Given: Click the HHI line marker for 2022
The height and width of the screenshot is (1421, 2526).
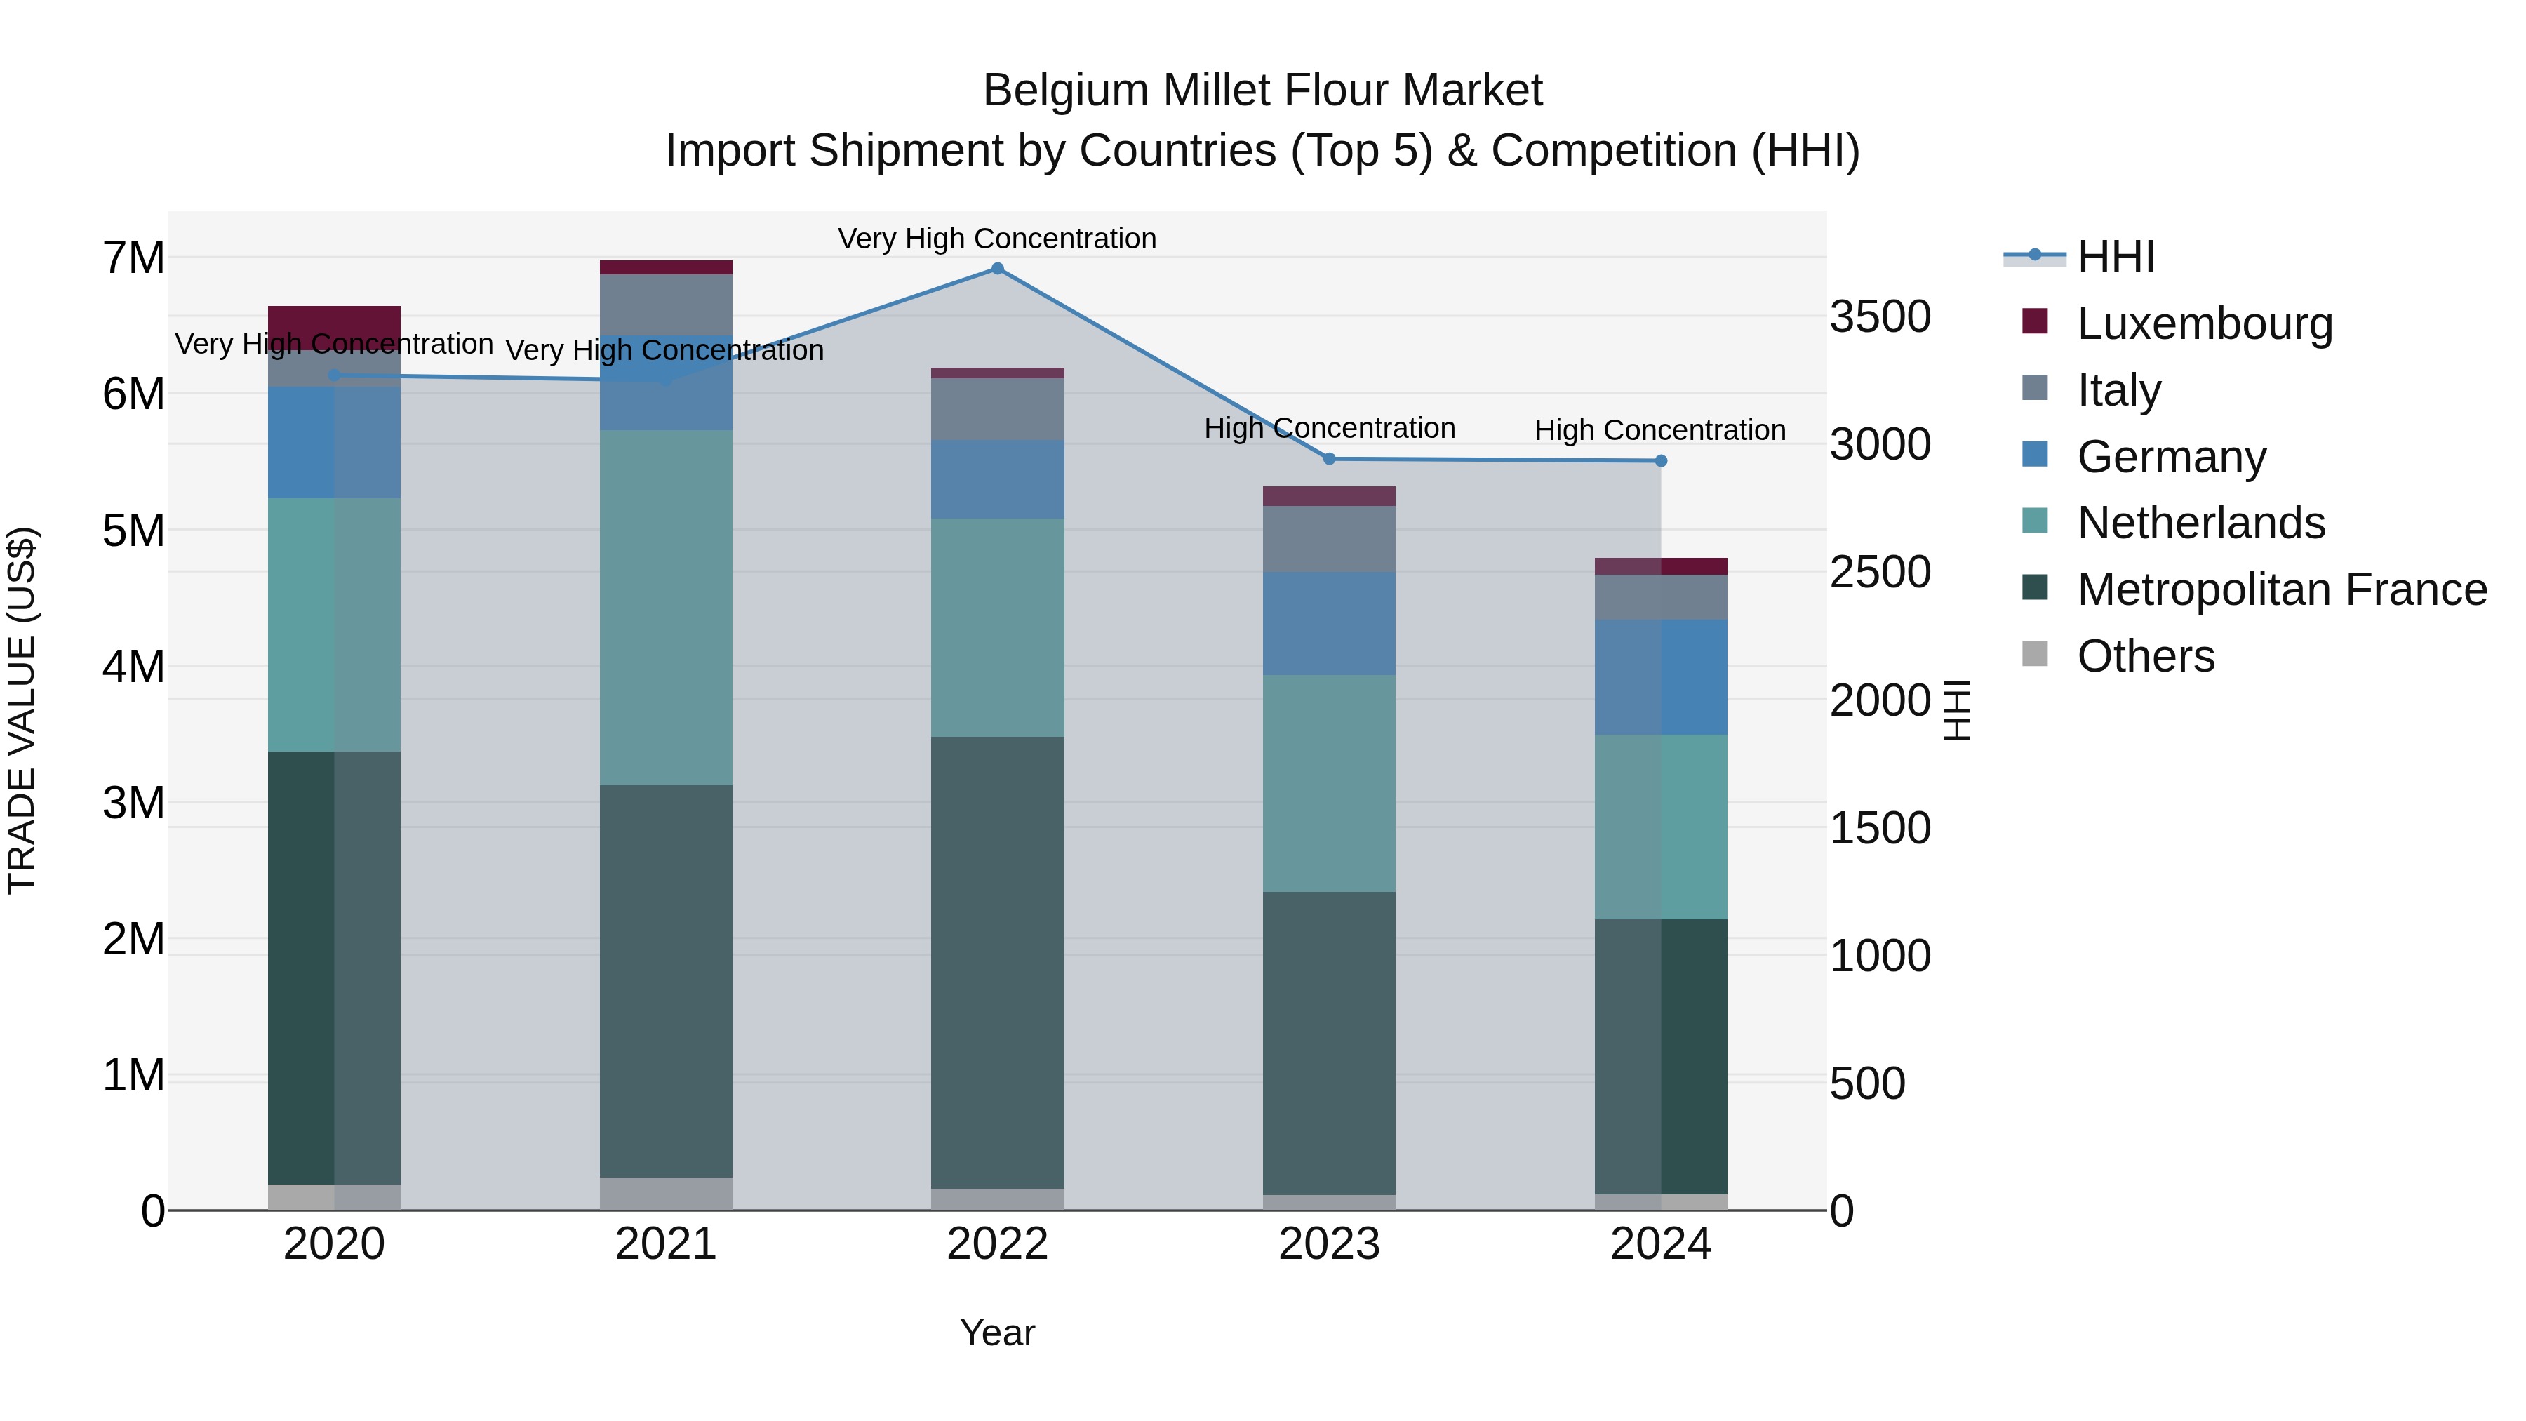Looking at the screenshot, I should click(x=997, y=269).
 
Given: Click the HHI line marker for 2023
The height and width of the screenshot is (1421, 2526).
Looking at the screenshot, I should click(x=1330, y=459).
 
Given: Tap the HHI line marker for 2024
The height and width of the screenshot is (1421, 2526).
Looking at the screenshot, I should click(x=1661, y=461).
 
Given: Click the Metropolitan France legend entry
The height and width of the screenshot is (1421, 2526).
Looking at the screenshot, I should click(x=2281, y=589).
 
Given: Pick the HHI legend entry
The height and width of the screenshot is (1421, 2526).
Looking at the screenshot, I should click(x=2115, y=257).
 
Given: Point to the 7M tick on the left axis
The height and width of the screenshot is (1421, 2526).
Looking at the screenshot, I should click(x=134, y=258).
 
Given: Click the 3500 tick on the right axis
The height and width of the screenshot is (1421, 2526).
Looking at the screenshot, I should click(x=1880, y=316).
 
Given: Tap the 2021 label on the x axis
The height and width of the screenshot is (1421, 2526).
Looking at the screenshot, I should click(x=666, y=1244).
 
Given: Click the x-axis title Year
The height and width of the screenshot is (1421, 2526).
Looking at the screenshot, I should click(x=997, y=1333).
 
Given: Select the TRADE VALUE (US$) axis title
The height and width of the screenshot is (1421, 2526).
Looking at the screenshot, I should click(x=22, y=710).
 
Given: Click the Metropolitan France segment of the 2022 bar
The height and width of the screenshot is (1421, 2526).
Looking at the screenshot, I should click(x=997, y=961).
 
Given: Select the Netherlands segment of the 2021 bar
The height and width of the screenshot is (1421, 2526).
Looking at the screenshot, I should click(x=666, y=608).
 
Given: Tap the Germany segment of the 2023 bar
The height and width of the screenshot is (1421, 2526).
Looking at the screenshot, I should click(x=1330, y=624).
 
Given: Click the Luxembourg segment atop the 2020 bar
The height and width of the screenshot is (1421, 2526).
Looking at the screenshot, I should click(x=335, y=323).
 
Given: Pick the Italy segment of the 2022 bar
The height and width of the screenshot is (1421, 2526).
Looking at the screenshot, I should click(x=997, y=409).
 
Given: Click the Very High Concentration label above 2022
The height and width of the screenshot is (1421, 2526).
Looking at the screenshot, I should click(x=997, y=239).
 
